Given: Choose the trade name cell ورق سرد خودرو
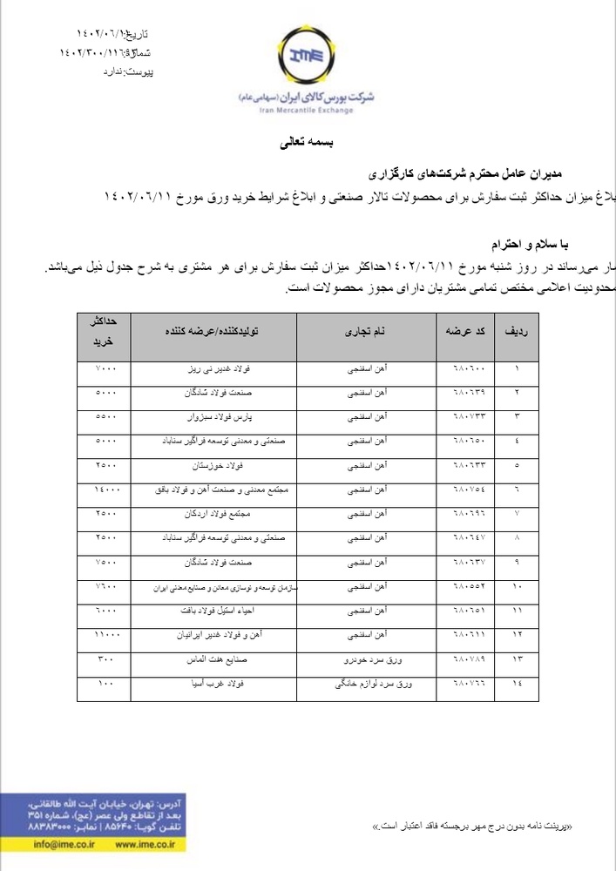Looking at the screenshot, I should pyautogui.click(x=367, y=662).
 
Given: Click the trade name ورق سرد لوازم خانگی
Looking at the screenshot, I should pyautogui.click(x=367, y=687).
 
